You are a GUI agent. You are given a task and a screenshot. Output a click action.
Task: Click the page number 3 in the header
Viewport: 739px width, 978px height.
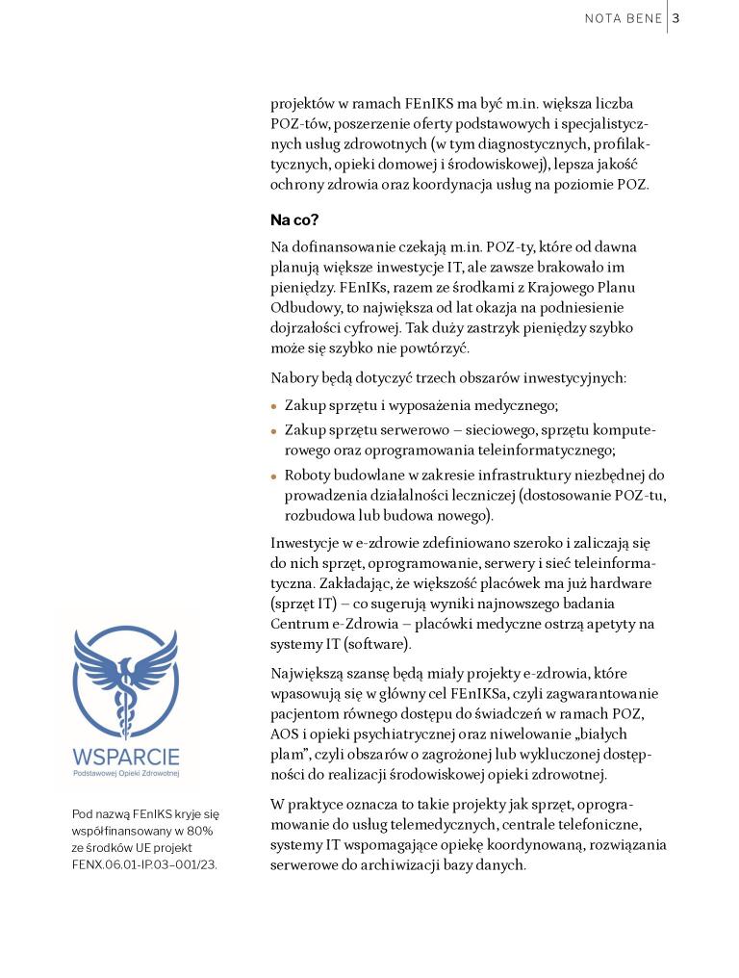676,17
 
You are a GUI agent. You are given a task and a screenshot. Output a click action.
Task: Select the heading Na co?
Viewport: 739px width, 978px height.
294,220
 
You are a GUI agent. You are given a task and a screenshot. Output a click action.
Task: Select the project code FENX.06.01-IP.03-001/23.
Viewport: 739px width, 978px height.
144,863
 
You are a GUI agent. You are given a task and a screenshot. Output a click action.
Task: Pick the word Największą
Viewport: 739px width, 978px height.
311,673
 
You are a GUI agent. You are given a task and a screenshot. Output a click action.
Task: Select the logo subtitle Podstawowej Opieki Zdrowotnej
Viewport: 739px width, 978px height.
126,773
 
